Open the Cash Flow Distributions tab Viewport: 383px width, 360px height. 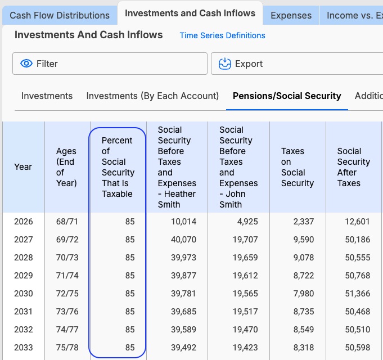click(60, 15)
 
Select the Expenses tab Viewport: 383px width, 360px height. click(291, 15)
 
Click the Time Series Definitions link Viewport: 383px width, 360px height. click(222, 35)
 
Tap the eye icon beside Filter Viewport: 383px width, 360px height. click(26, 64)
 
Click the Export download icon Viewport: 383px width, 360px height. click(225, 64)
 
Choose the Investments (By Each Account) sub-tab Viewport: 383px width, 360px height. click(152, 96)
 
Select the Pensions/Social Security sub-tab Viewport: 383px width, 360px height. click(287, 96)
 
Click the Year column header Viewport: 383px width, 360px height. click(23, 167)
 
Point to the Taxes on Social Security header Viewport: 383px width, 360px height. click(298, 167)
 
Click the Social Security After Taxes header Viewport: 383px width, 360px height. click(353, 167)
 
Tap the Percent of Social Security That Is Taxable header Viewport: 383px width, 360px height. click(118, 167)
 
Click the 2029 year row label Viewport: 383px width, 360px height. click(24, 276)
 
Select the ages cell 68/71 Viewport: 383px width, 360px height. click(67, 222)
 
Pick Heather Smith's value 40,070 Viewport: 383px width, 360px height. click(183, 240)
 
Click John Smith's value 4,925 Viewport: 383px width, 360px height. click(247, 222)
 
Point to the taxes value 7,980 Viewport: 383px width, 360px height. click(304, 294)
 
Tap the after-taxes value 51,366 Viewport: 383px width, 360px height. click(358, 294)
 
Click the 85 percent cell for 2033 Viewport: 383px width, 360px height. click(130, 348)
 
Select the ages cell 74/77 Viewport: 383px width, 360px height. click(67, 330)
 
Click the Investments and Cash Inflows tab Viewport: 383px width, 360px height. click(190, 13)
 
